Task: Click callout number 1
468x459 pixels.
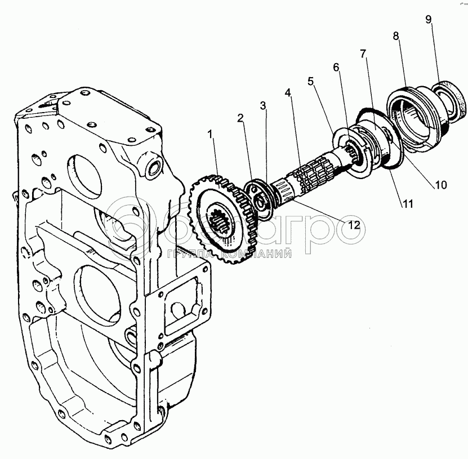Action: point(211,135)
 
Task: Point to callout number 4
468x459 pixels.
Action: point(288,92)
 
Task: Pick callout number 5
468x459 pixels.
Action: point(310,81)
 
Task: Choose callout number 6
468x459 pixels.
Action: point(336,67)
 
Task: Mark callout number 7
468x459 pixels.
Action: point(363,54)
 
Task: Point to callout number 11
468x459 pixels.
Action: point(407,204)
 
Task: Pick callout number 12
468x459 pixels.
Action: point(354,225)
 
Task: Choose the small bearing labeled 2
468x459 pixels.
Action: point(260,199)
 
